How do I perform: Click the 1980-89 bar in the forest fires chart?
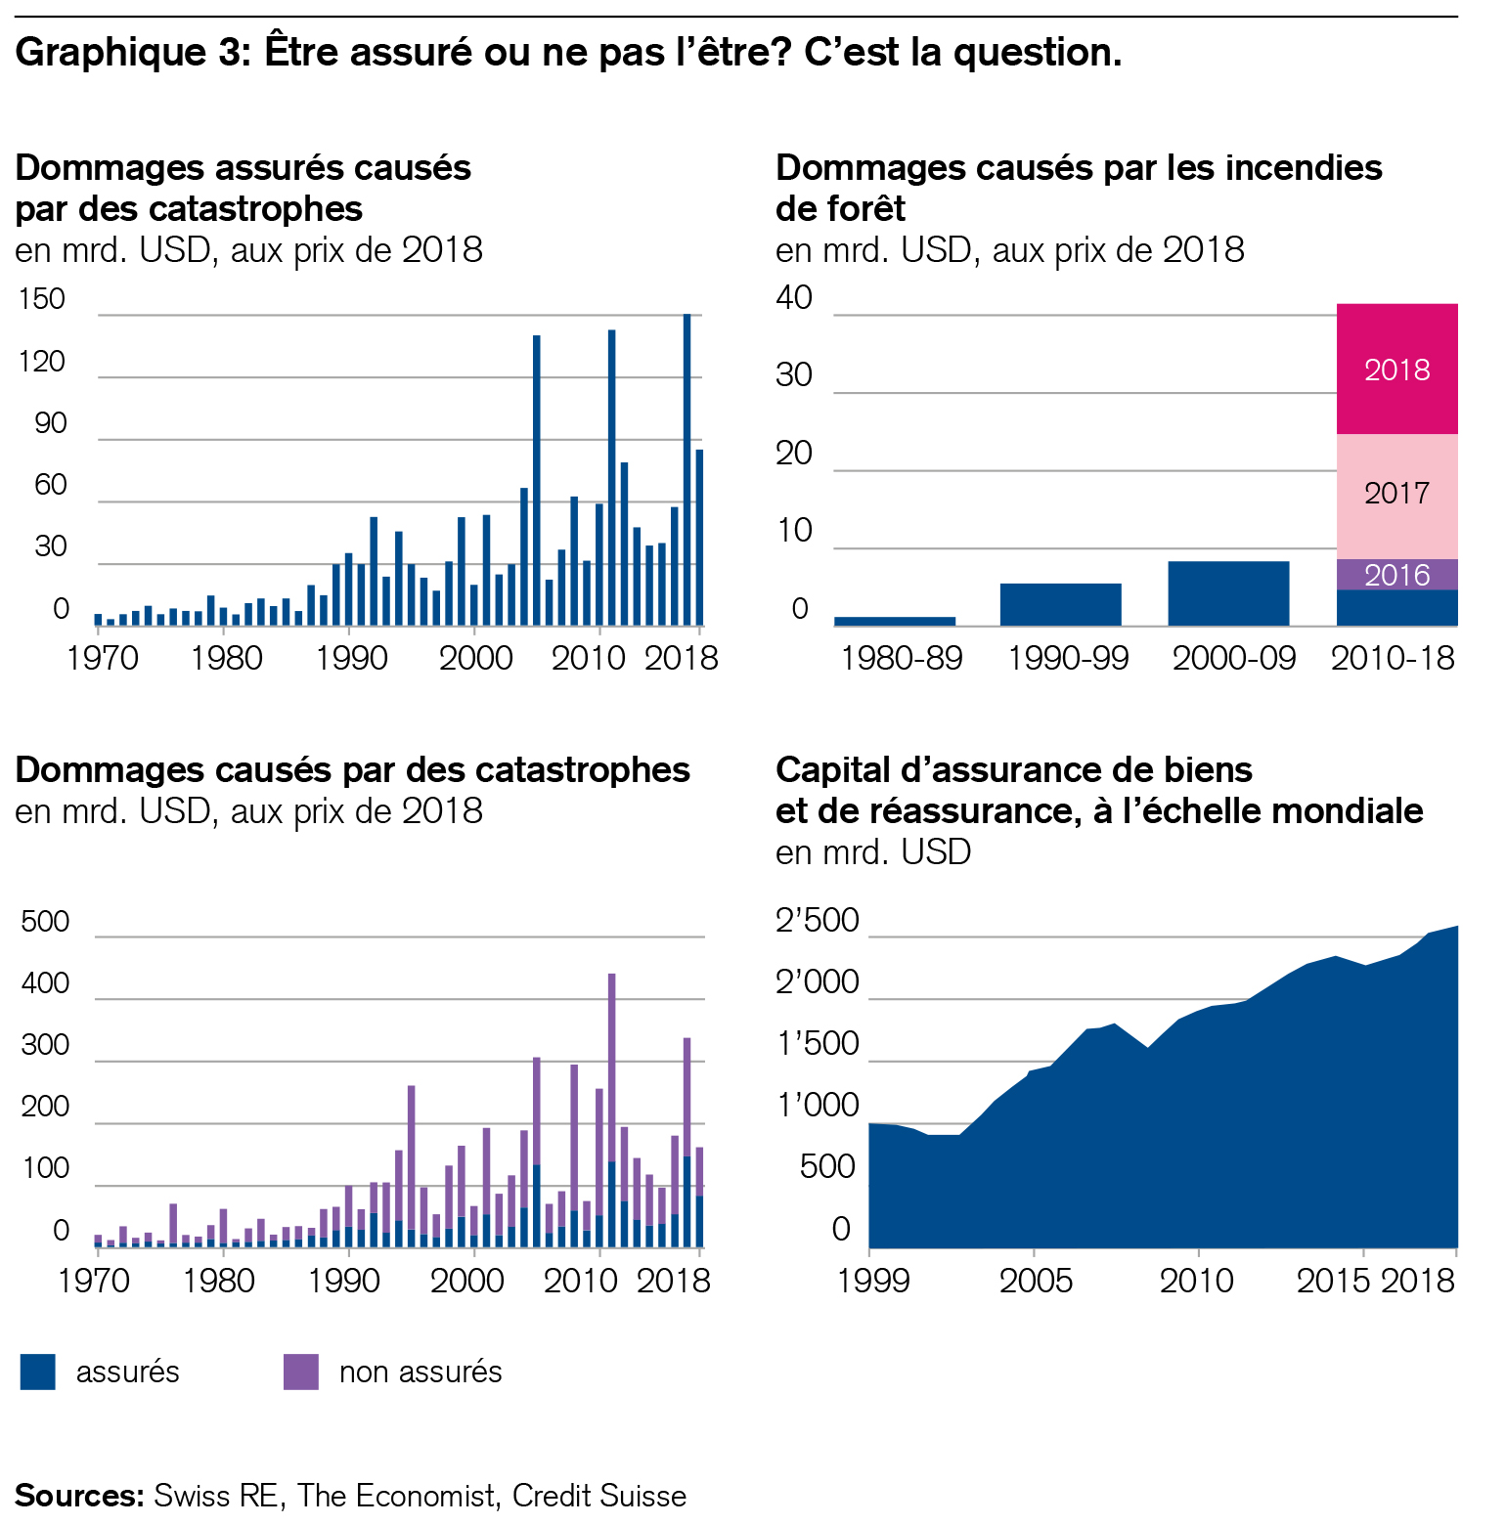point(895,621)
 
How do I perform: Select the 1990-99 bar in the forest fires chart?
point(1060,604)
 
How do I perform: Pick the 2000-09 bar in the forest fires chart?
point(1228,593)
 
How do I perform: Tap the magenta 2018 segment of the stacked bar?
point(1396,370)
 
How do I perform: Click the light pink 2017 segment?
point(1396,494)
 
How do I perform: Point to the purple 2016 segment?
point(1396,575)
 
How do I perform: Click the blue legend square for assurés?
point(38,1372)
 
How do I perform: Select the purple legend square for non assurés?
point(301,1372)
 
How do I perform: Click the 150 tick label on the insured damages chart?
point(42,299)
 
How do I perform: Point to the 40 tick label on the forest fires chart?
point(794,298)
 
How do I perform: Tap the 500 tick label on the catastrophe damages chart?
point(45,921)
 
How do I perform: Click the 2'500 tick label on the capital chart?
point(818,921)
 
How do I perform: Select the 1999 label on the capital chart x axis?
point(873,1281)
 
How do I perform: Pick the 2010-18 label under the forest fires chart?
point(1393,659)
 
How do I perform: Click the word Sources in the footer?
point(78,1496)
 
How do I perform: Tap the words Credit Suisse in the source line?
point(598,1496)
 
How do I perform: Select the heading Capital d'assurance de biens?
point(1014,770)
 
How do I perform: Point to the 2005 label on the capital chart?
point(1036,1281)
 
